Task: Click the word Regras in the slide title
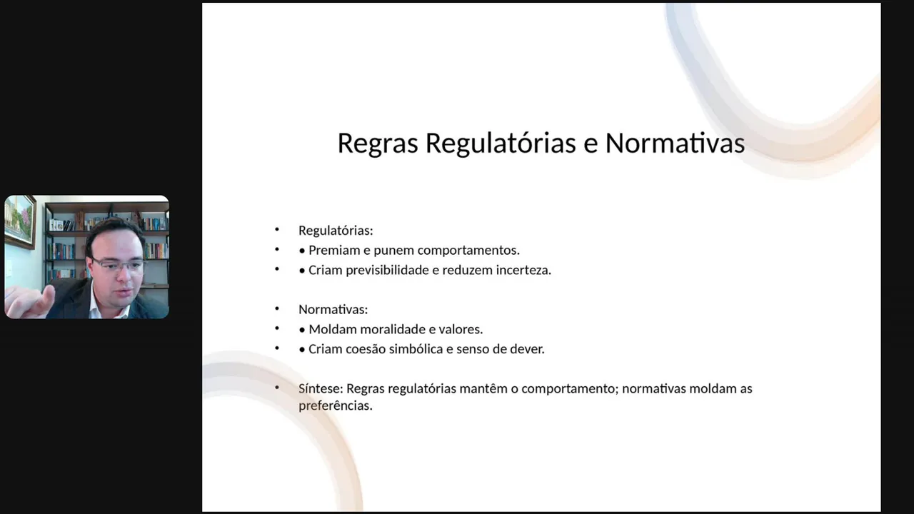378,143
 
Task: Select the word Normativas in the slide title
675,143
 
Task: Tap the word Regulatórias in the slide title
501,143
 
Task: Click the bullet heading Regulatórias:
336,231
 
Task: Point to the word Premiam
333,250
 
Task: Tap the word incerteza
523,270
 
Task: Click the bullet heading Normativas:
333,310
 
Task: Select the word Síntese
321,388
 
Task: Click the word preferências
336,406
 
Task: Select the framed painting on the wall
19,221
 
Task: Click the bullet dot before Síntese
277,388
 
